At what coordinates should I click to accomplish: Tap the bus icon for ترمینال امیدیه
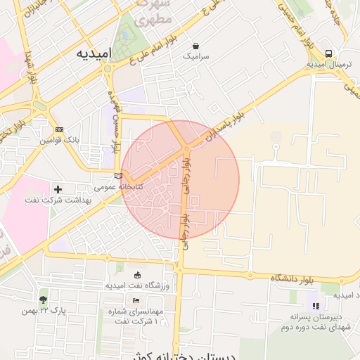click(329, 53)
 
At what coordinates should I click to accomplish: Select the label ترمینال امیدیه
click(329, 65)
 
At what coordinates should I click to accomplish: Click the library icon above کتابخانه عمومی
click(117, 176)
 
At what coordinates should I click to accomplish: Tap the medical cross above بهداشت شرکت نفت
click(58, 188)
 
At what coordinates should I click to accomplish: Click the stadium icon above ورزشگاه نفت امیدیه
click(137, 274)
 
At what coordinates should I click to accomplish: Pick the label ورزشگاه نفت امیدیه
click(138, 285)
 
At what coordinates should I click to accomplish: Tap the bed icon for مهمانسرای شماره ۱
click(136, 301)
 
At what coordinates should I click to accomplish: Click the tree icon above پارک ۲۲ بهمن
click(43, 300)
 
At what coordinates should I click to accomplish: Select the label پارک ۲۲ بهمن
click(43, 311)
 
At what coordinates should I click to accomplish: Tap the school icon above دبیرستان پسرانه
click(315, 306)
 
